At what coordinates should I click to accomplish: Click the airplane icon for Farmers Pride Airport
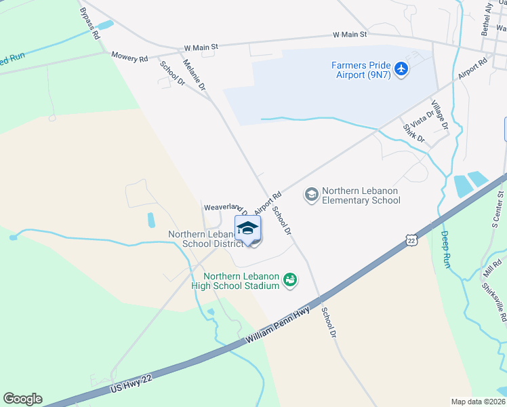tap(401, 69)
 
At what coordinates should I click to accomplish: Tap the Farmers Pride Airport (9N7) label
tap(361, 70)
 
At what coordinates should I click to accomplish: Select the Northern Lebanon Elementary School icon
tap(312, 195)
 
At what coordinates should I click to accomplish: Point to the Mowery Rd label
tap(129, 58)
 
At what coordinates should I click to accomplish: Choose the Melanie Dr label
tap(195, 75)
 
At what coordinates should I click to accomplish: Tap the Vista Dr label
tap(421, 117)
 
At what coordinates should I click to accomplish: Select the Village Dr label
tap(440, 116)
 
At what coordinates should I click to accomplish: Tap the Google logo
tap(22, 399)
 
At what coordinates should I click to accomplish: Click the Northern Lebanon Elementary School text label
tap(361, 195)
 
